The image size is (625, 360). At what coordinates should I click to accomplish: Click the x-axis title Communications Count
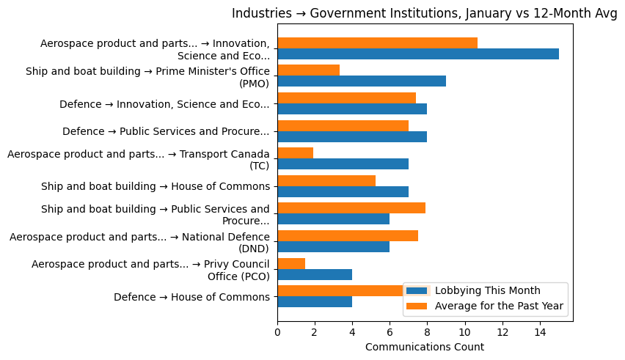tap(424, 347)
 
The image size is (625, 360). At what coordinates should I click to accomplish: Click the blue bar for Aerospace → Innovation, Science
tap(418, 54)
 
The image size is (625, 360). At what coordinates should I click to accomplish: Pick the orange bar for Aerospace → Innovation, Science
tap(377, 43)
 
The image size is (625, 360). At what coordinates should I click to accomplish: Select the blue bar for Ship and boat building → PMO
tap(362, 81)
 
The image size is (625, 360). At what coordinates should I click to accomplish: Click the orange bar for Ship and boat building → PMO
tap(308, 70)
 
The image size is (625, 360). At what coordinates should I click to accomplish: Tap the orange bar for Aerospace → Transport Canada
tap(295, 153)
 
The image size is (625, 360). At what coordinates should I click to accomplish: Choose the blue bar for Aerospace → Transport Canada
tap(343, 164)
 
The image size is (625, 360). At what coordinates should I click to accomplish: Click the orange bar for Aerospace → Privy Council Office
tap(291, 263)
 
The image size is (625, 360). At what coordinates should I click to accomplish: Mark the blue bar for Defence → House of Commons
tap(315, 301)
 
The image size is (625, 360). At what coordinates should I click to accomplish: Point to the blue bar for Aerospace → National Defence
tap(333, 246)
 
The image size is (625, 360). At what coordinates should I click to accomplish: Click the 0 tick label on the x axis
tap(277, 332)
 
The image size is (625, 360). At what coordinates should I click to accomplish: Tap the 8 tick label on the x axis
tap(427, 332)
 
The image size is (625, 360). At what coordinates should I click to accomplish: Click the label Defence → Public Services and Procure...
tap(166, 132)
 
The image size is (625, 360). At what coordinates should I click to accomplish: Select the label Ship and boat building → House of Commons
tap(156, 186)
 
